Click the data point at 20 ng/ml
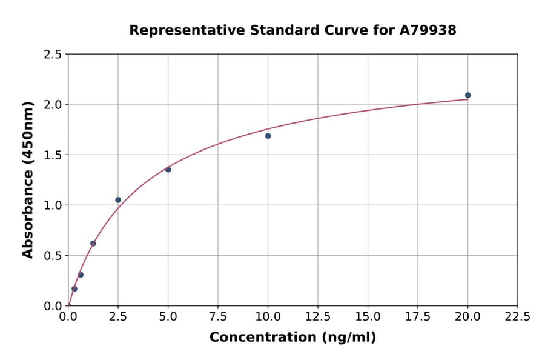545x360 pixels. (x=467, y=95)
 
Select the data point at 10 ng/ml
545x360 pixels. (x=268, y=136)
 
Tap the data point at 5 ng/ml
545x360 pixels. (x=168, y=169)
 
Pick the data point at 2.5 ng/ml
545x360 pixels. (x=118, y=200)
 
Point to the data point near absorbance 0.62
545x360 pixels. (x=93, y=244)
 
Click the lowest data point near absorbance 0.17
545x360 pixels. (x=74, y=288)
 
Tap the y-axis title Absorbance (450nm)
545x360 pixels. (x=28, y=179)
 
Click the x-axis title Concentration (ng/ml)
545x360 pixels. (x=292, y=338)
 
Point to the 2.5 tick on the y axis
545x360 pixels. (x=53, y=55)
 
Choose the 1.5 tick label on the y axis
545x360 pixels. (x=53, y=155)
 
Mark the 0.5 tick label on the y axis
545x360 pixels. (x=53, y=256)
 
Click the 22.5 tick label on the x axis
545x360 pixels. (x=517, y=317)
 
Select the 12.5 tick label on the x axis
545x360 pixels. (x=318, y=317)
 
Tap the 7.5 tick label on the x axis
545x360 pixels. (x=218, y=317)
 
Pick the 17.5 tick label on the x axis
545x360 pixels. (x=417, y=317)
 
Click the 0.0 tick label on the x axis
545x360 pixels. (x=68, y=317)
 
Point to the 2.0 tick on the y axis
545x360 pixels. (x=53, y=105)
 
